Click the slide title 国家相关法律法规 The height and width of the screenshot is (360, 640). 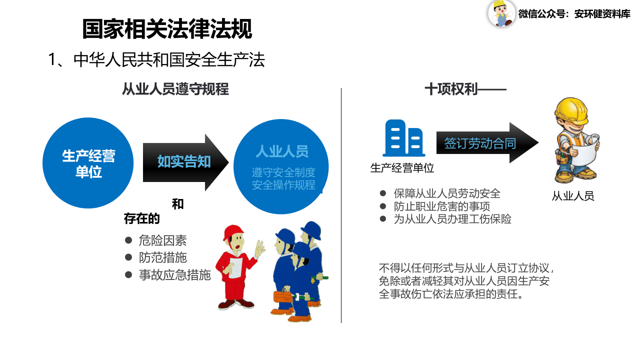[x=167, y=29]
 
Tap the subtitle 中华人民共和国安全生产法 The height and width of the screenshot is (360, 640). [x=169, y=60]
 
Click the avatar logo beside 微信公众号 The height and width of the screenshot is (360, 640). [x=501, y=13]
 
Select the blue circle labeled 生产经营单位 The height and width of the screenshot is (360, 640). [x=88, y=163]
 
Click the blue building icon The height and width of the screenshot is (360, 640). [x=403, y=138]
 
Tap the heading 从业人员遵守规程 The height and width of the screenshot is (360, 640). [x=175, y=89]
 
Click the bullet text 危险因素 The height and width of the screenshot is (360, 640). [x=162, y=240]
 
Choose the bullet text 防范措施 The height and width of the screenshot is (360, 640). [x=162, y=257]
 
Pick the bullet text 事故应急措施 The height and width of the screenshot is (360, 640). [x=174, y=274]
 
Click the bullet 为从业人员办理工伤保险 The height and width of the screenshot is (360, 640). [x=452, y=218]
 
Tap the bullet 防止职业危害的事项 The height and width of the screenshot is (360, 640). [x=441, y=206]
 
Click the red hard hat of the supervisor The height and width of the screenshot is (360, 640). [x=233, y=233]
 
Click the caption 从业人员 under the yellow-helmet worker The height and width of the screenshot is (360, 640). [x=573, y=196]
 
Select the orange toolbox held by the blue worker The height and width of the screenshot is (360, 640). [x=282, y=295]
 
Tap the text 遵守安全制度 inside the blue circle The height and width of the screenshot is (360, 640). [x=283, y=173]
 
